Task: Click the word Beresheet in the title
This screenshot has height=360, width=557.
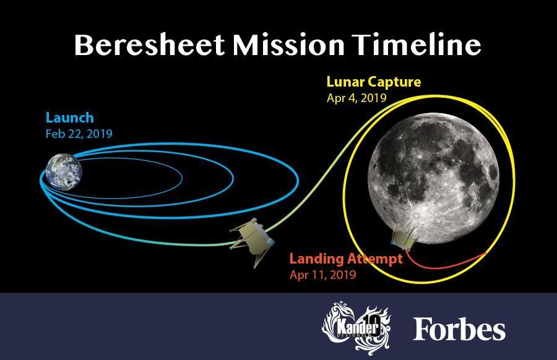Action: coord(150,45)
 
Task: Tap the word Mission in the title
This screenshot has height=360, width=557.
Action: coord(288,45)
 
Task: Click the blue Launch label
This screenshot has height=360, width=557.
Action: coord(69,118)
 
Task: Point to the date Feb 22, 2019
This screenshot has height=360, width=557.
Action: coord(79,134)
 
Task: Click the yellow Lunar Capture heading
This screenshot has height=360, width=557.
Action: coord(374,82)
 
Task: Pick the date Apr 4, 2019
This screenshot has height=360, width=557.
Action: coord(356,98)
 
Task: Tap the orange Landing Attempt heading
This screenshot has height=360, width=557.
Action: coord(346,259)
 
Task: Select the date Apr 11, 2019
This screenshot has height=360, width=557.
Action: coord(322,275)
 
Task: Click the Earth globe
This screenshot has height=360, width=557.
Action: coord(64,172)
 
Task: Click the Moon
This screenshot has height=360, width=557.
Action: coord(433,178)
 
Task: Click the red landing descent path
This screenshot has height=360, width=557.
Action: coord(444,266)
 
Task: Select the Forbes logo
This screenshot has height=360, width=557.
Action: coord(459,329)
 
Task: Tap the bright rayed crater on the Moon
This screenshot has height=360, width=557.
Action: coord(417,215)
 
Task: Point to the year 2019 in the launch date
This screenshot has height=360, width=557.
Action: coord(100,134)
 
